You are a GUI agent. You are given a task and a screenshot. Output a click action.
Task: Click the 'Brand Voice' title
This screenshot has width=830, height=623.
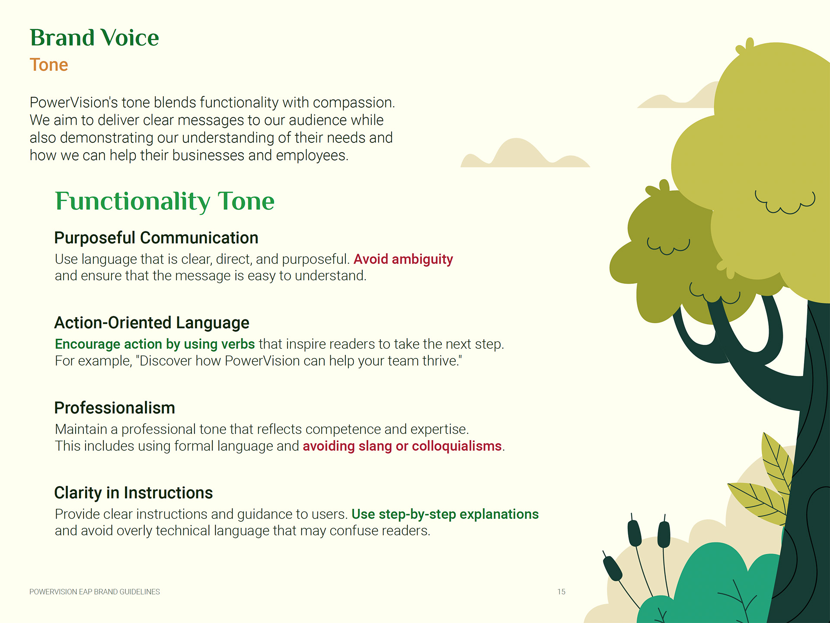point(94,38)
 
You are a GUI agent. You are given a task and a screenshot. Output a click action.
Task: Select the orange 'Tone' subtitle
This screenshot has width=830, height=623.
point(49,65)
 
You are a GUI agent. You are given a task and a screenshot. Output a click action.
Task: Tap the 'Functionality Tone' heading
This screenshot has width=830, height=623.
point(165,202)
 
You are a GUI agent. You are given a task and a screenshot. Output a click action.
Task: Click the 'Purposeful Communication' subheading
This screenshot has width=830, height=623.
point(156,238)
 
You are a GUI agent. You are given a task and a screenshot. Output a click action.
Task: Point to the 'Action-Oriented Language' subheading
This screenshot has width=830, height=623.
point(152,323)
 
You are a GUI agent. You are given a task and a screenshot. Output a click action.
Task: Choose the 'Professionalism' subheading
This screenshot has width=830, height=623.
point(115,408)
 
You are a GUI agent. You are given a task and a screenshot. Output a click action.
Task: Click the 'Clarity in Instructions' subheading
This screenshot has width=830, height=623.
point(134,493)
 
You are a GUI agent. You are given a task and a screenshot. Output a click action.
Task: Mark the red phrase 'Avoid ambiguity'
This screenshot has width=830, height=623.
point(403,259)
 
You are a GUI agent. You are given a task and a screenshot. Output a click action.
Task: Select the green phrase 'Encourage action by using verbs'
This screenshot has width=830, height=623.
point(155,344)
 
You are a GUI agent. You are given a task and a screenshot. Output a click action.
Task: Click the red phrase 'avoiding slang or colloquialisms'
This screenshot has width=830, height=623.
point(402,446)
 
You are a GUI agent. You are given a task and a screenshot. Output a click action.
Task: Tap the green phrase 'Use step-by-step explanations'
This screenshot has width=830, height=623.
point(445,514)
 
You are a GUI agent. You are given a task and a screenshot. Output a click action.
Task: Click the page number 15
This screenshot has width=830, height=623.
point(561,592)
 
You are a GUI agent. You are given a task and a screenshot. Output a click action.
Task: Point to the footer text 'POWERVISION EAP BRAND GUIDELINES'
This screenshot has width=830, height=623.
point(95,592)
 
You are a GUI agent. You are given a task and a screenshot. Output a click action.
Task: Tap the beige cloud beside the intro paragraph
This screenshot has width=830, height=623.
point(524,154)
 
